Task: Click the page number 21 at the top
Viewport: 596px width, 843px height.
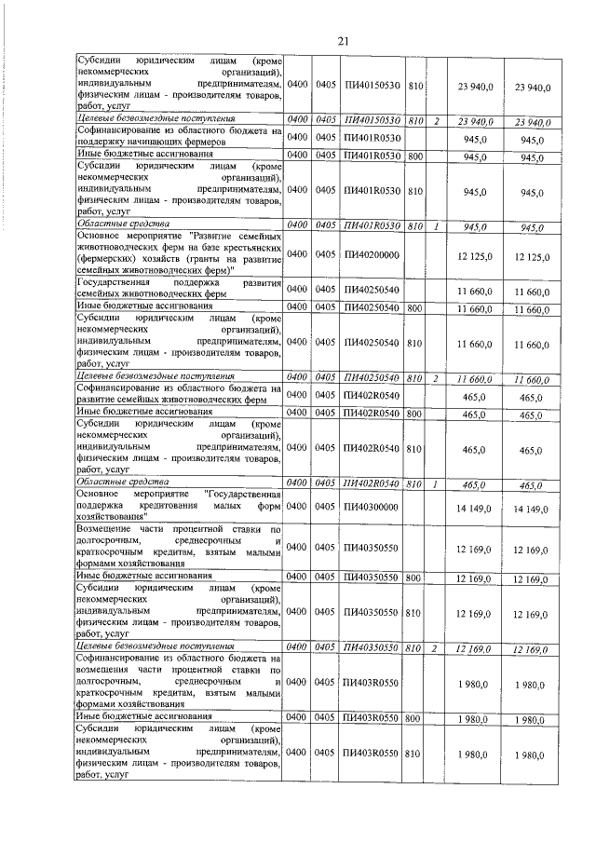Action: (x=343, y=41)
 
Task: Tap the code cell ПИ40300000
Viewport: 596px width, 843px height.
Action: (x=371, y=507)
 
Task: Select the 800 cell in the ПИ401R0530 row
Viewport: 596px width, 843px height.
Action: (x=415, y=156)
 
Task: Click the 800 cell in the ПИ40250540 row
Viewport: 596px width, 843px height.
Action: (x=415, y=306)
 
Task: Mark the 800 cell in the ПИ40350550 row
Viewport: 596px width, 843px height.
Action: (x=415, y=578)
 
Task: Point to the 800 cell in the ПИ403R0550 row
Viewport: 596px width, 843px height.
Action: (x=415, y=719)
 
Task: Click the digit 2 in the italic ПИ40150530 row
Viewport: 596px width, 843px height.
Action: (x=436, y=121)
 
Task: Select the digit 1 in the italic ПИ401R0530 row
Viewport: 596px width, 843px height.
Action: (x=436, y=226)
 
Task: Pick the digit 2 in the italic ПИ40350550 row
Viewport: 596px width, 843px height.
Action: (x=436, y=647)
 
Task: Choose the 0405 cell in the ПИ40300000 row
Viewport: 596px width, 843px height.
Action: (x=325, y=507)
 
